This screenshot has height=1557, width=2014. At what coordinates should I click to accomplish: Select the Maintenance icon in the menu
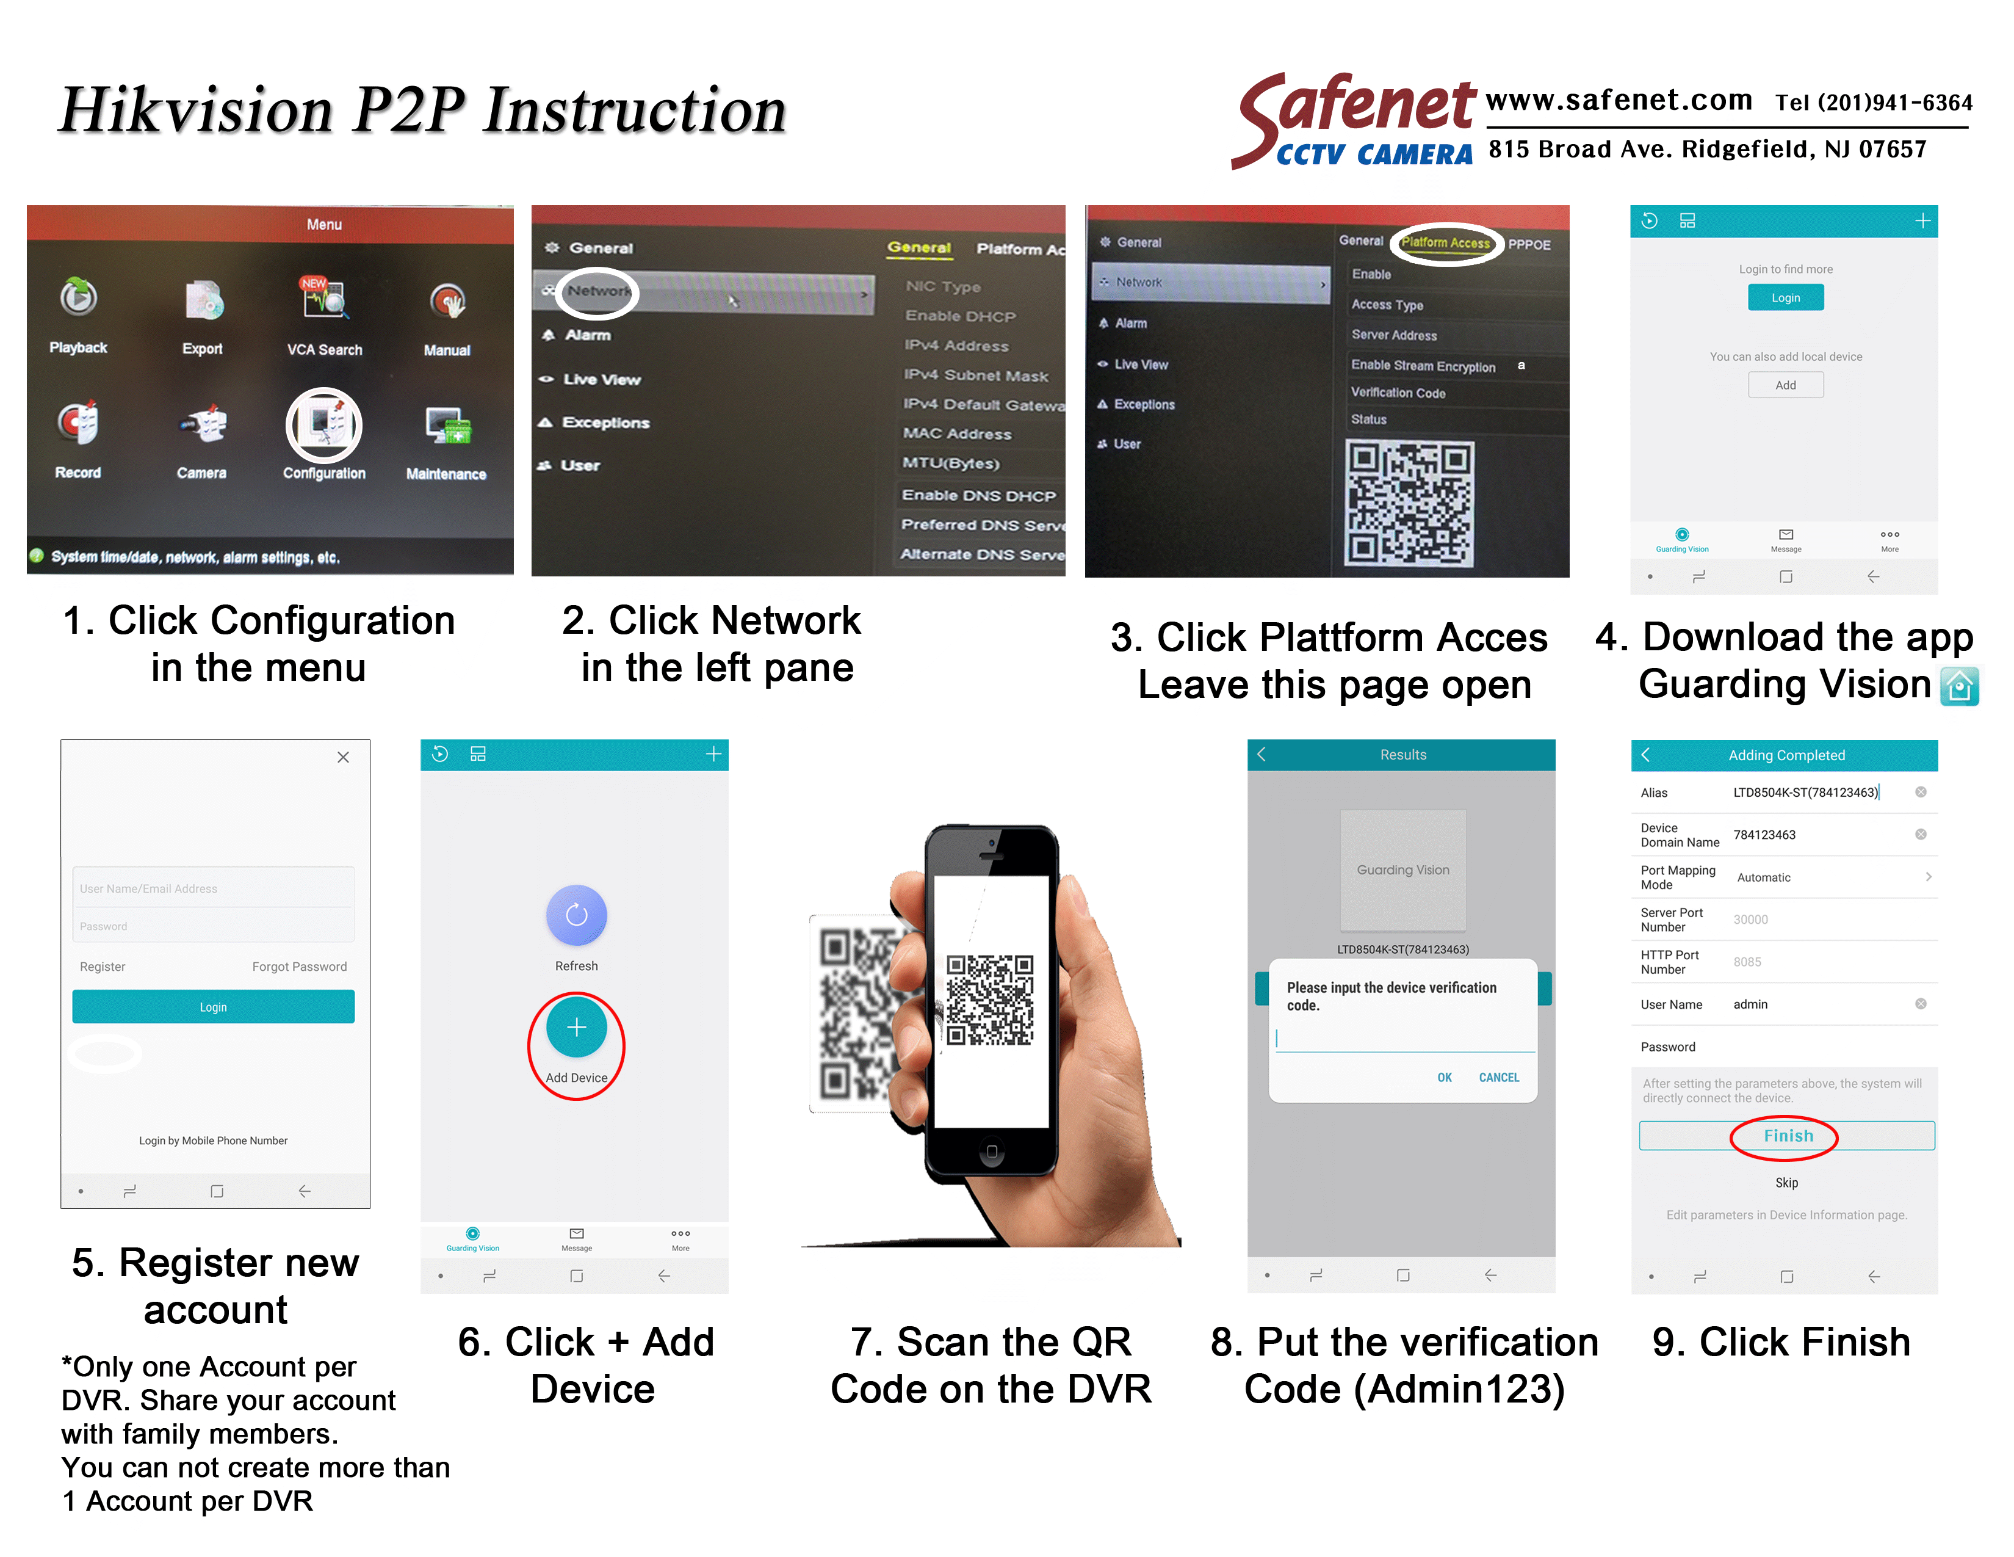coord(446,426)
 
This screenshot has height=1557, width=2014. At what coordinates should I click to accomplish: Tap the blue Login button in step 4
coord(1785,298)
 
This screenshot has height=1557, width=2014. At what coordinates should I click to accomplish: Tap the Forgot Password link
coord(299,967)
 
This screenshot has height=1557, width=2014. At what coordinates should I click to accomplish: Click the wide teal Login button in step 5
coord(213,1006)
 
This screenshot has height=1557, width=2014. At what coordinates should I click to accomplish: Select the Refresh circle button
coord(576,915)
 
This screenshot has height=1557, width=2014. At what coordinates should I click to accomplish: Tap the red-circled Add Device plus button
coord(576,1028)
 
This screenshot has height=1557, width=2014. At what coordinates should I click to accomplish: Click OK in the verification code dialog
coord(1443,1077)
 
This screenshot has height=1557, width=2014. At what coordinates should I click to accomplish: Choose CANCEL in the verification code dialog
coord(1498,1077)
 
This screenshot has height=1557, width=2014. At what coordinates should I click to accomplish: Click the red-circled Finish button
coord(1786,1136)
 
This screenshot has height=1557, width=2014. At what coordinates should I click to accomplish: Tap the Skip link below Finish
coord(1786,1183)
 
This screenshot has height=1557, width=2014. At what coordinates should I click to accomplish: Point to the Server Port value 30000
coord(1750,920)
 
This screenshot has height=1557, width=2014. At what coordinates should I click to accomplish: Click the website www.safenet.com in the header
coord(1619,100)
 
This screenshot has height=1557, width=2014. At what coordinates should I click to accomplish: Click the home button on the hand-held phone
coord(991,1151)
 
